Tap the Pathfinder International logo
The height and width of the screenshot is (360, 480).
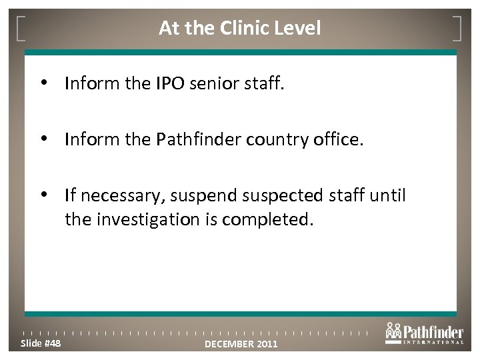pos(423,333)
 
